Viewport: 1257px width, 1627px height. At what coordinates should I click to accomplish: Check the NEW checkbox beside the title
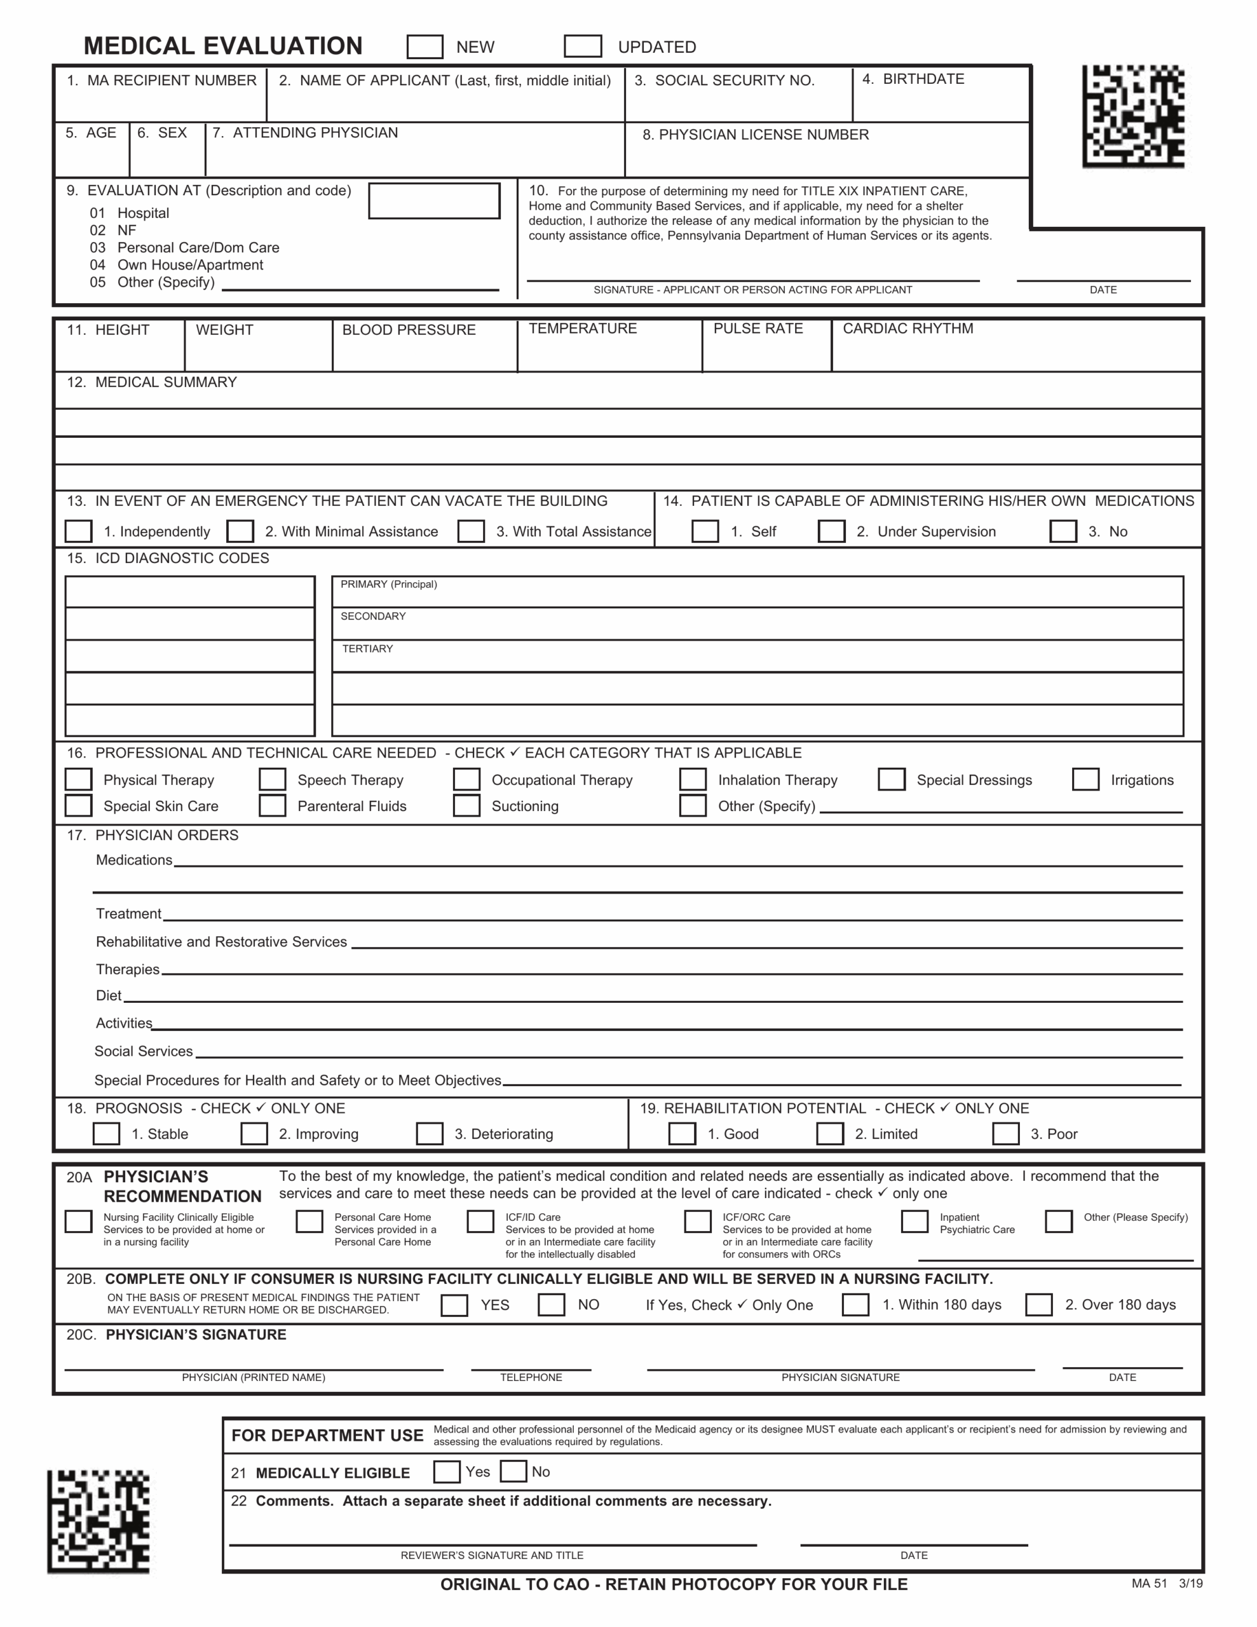click(425, 46)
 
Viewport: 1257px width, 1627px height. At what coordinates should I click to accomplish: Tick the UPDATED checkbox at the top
click(583, 46)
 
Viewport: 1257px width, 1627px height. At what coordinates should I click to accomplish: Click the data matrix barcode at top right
click(1133, 116)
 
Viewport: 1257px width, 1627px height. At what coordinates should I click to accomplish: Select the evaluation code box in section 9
click(433, 200)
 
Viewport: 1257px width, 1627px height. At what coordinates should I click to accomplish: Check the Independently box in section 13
click(78, 531)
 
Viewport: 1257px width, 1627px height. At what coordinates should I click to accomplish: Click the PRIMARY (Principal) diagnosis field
click(757, 592)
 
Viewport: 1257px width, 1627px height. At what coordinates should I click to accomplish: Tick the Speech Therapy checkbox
click(272, 779)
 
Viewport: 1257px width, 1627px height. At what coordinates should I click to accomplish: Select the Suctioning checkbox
click(466, 805)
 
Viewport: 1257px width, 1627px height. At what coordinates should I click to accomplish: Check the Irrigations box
click(1085, 779)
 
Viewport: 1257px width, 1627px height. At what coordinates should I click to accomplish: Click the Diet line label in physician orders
click(109, 995)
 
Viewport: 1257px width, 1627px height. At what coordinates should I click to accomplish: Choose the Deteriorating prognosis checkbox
click(429, 1133)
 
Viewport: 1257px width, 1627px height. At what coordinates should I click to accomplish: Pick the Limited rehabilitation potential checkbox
click(829, 1133)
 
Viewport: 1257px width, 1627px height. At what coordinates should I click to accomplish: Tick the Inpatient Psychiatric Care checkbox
click(914, 1221)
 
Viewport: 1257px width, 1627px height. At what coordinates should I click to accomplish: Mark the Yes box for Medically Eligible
click(446, 1471)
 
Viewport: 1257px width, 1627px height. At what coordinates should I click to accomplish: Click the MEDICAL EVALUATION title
click(223, 46)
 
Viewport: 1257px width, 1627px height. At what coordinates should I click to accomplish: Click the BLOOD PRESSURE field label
click(409, 329)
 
